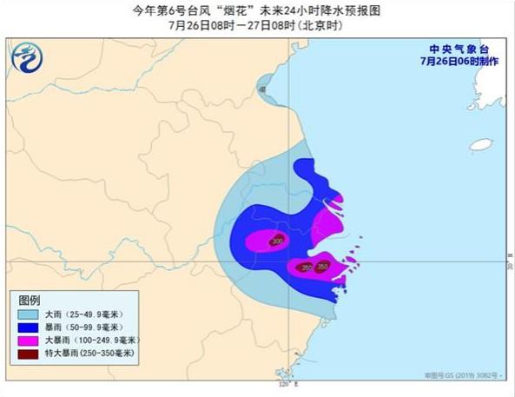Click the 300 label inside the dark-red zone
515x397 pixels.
277,241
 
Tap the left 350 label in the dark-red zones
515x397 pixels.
306,268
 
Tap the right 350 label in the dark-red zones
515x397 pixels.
323,267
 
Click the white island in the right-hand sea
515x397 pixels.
480,145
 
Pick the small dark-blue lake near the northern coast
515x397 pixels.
261,85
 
